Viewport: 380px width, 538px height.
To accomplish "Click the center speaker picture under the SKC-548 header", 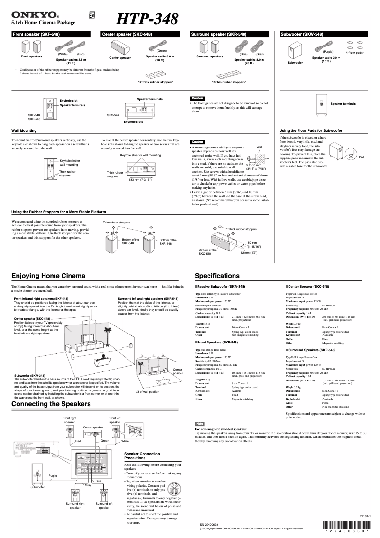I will (120, 48).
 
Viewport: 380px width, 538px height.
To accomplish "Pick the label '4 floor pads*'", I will (355, 52).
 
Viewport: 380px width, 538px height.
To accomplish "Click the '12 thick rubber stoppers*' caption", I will (156, 82).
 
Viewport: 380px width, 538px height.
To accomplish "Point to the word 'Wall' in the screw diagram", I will (259, 147).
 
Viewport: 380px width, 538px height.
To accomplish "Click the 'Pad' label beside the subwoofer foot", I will (362, 157).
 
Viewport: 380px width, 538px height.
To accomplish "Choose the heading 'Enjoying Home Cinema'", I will (48, 276).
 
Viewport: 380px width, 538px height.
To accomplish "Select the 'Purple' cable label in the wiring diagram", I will (53, 475).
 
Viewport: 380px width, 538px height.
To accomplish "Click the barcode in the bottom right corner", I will (348, 525).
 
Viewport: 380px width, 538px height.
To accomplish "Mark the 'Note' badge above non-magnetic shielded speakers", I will (199, 423).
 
